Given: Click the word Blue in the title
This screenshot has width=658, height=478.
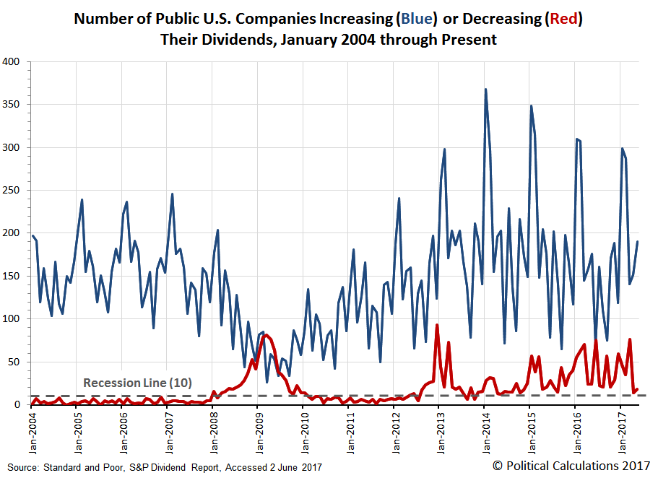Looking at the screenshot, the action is pos(417,19).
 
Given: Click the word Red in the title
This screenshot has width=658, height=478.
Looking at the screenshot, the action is pos(563,19).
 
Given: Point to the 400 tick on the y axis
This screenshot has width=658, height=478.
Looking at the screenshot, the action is pos(11,61).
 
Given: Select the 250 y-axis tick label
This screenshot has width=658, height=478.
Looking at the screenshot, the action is pos(11,190).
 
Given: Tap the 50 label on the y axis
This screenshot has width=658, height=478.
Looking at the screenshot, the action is pos(14,362).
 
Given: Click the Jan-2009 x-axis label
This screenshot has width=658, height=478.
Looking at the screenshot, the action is pos(259,433).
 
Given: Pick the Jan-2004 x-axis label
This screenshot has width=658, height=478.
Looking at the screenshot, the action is pos(33,433).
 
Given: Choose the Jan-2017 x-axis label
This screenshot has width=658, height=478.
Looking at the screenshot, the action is pos(623,433).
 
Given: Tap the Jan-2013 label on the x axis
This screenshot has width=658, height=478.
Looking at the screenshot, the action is pos(441,433).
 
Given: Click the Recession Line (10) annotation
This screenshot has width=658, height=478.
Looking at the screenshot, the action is pos(138,383).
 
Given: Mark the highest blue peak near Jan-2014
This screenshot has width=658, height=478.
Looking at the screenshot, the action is pos(485,89).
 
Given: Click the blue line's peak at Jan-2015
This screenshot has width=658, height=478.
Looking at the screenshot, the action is pos(532,105).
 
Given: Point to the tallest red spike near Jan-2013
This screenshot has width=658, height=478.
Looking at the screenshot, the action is pos(437,325).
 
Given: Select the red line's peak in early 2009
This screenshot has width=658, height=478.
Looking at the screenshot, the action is pos(265,335).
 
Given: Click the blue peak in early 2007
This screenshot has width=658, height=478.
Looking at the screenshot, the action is pos(172,194).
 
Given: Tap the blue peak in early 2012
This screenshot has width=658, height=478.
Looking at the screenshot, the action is pos(399,198).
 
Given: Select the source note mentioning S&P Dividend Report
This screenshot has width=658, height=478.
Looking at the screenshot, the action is pos(165,467).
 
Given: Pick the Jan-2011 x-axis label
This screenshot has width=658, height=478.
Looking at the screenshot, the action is pos(350,433).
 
